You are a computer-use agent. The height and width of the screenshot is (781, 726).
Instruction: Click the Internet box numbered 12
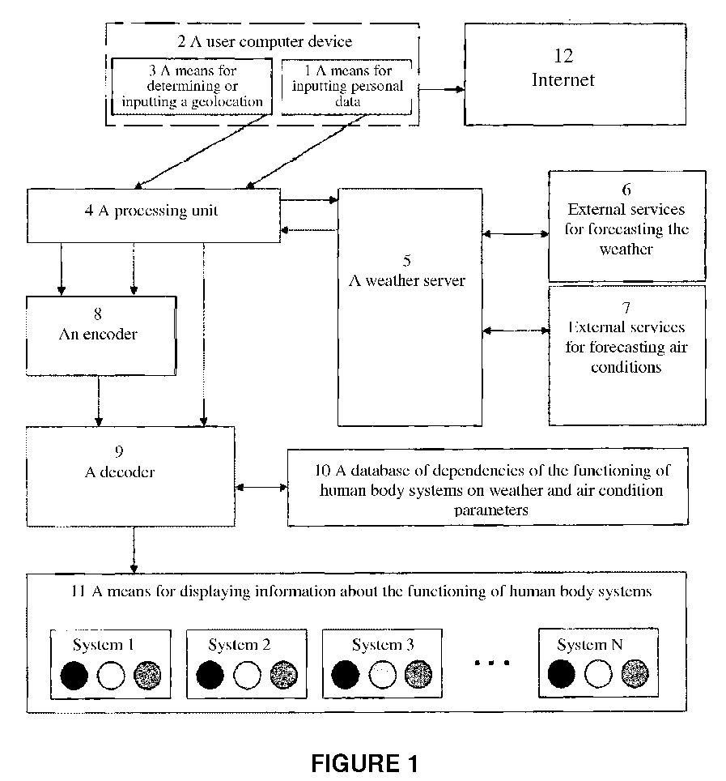pyautogui.click(x=575, y=75)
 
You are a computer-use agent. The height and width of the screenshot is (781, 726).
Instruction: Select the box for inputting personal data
pyautogui.click(x=347, y=87)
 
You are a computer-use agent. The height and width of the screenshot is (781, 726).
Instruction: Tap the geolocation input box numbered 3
pyautogui.click(x=192, y=87)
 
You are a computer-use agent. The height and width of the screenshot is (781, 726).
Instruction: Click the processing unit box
pyautogui.click(x=154, y=216)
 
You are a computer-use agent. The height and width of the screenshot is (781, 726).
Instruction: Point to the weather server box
pyautogui.click(x=410, y=307)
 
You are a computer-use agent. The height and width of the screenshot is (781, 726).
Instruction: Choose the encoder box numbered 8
pyautogui.click(x=101, y=335)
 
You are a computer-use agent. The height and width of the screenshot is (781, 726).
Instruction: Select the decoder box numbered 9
pyautogui.click(x=130, y=476)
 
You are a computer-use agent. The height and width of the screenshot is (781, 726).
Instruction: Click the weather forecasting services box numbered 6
pyautogui.click(x=627, y=226)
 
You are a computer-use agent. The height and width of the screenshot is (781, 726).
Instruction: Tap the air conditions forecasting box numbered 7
pyautogui.click(x=627, y=356)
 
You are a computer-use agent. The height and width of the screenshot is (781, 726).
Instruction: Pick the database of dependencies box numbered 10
pyautogui.click(x=488, y=487)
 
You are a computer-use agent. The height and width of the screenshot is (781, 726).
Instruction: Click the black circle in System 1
pyautogui.click(x=74, y=676)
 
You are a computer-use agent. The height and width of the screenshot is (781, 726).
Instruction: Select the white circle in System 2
pyautogui.click(x=248, y=676)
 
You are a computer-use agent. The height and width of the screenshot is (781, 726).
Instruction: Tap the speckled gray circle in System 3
pyautogui.click(x=418, y=674)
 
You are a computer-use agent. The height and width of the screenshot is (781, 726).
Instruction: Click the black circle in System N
pyautogui.click(x=561, y=674)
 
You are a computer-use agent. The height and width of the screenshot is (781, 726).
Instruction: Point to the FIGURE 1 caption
pyautogui.click(x=364, y=763)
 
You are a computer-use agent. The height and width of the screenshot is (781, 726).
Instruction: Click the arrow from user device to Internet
pyautogui.click(x=441, y=90)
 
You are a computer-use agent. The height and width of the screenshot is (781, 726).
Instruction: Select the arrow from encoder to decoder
pyautogui.click(x=99, y=401)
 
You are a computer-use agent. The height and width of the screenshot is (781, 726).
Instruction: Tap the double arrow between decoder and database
pyautogui.click(x=261, y=488)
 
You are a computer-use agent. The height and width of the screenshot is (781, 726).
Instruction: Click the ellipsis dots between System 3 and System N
pyautogui.click(x=491, y=663)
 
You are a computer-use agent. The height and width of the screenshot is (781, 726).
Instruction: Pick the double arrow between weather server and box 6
pyautogui.click(x=516, y=233)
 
